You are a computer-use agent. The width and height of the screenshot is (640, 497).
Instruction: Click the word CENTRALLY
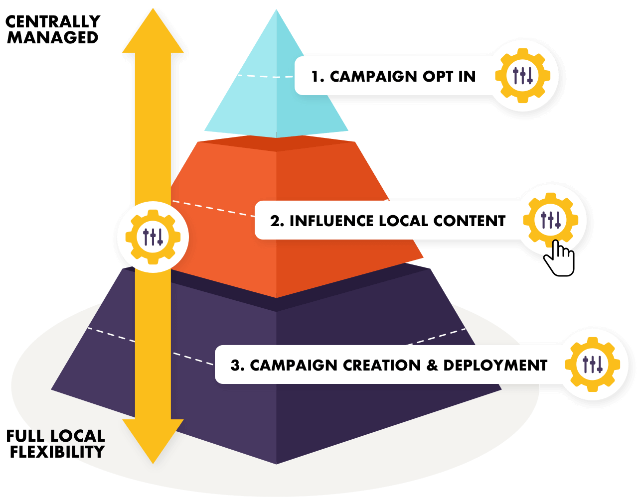pos(53,21)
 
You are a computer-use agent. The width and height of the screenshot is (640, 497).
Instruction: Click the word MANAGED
pos(53,37)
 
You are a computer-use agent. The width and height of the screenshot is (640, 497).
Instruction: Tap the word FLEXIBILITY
pos(57,452)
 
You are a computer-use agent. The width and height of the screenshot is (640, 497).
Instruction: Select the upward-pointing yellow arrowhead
pos(153,31)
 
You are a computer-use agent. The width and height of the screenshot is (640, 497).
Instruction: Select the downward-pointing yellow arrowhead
pos(153,441)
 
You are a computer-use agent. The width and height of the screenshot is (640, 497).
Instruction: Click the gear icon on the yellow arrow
pos(153,237)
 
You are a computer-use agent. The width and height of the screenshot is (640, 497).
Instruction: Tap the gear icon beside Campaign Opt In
pos(522,76)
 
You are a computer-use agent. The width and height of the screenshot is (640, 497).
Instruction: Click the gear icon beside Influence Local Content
pos(550,220)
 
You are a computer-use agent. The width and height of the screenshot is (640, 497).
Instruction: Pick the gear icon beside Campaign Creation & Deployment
pos(592,365)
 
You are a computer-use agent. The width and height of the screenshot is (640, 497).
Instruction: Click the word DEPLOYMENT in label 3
pos(495,365)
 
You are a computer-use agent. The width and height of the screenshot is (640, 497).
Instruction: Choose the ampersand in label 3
pos(432,365)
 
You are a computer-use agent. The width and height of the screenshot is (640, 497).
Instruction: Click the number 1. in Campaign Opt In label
pos(318,77)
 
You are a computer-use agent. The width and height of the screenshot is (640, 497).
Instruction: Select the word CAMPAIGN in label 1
pos(373,77)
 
